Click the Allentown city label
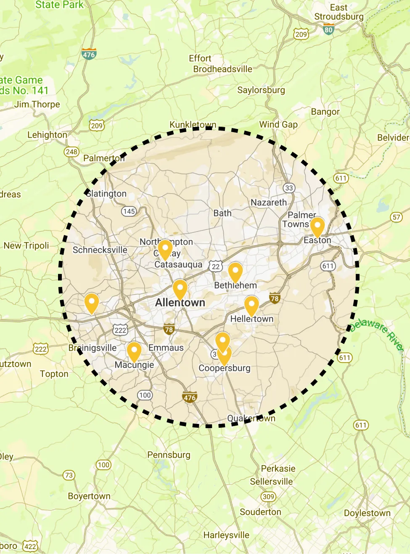click(x=180, y=302)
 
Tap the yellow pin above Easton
click(x=317, y=226)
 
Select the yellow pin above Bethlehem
click(x=235, y=272)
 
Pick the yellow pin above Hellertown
click(x=251, y=305)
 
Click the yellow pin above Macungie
click(x=134, y=352)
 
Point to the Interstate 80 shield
click(x=329, y=29)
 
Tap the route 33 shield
click(x=289, y=188)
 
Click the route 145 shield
click(x=129, y=211)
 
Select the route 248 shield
click(x=71, y=152)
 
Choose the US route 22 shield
click(x=216, y=266)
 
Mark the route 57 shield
click(x=396, y=217)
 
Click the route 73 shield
click(x=69, y=475)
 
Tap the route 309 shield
click(x=268, y=496)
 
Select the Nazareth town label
click(x=269, y=202)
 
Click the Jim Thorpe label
click(x=37, y=104)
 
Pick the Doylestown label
click(x=367, y=513)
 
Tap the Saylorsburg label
click(x=261, y=90)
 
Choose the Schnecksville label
click(x=100, y=250)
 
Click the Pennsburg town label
click(x=169, y=455)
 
